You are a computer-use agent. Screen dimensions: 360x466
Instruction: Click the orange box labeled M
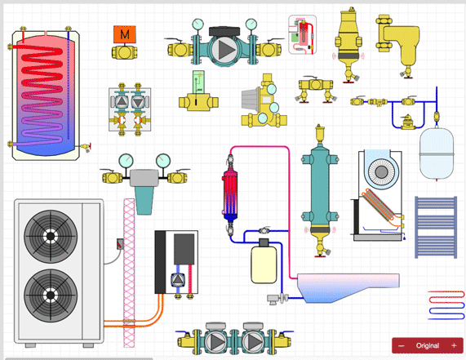click(124, 34)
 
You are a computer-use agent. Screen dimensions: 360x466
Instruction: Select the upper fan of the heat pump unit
click(51, 236)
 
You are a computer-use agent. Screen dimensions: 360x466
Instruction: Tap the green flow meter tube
click(197, 82)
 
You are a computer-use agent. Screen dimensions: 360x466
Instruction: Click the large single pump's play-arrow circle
click(224, 49)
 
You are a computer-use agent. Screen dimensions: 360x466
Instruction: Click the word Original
click(427, 345)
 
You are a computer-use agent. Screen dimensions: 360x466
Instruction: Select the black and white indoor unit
click(176, 261)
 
